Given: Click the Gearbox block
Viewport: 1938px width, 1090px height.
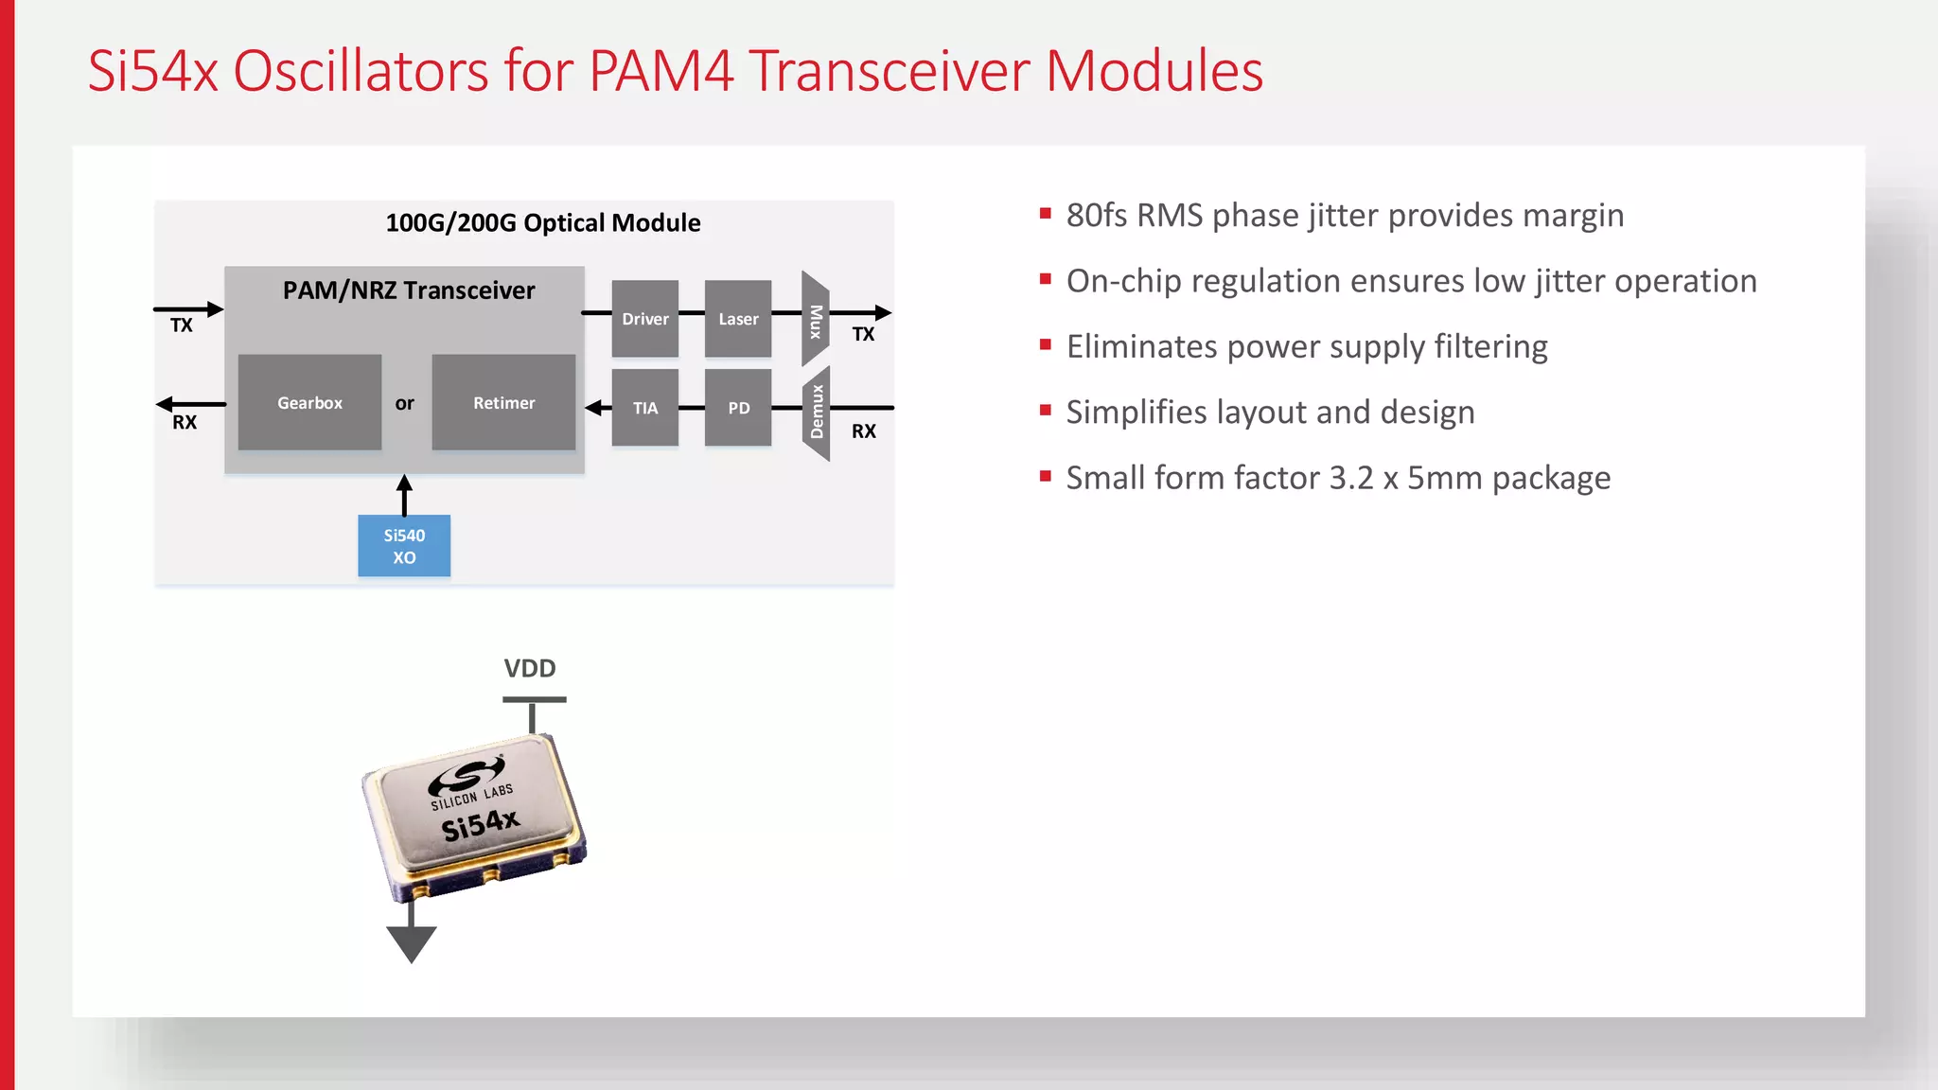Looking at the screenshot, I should click(x=309, y=402).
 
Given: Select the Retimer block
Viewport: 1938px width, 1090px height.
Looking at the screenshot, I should click(x=503, y=402).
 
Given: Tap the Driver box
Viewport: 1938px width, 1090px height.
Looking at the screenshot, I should click(x=644, y=319).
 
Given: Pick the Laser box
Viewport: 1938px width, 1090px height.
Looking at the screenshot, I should click(x=738, y=319).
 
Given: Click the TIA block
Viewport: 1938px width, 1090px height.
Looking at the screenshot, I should click(x=644, y=408).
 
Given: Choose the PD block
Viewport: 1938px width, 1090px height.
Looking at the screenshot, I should click(x=738, y=408).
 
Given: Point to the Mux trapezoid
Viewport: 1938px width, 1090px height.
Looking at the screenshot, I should click(x=815, y=320).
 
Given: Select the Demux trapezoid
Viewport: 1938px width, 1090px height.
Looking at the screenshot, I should click(x=816, y=413).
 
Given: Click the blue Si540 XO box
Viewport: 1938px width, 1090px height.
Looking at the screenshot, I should click(x=404, y=546).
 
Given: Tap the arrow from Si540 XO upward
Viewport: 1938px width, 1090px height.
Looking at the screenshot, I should click(x=404, y=494).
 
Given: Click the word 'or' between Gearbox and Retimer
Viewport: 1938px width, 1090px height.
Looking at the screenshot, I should click(x=404, y=403).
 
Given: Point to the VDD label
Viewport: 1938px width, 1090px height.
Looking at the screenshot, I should click(x=530, y=668).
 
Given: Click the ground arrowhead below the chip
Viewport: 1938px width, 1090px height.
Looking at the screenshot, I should click(x=411, y=943).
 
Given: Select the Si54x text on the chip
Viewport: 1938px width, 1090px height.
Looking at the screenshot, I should click(x=481, y=824).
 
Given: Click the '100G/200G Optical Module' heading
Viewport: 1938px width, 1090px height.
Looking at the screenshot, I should click(x=543, y=223).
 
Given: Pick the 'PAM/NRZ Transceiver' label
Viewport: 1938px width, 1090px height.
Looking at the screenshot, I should click(x=409, y=290).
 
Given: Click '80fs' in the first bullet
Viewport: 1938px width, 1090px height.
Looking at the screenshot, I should click(x=1097, y=216).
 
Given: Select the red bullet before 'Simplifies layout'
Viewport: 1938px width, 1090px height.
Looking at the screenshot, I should click(x=1046, y=411).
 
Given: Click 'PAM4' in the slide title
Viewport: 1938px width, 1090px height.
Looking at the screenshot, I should click(x=661, y=71).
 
